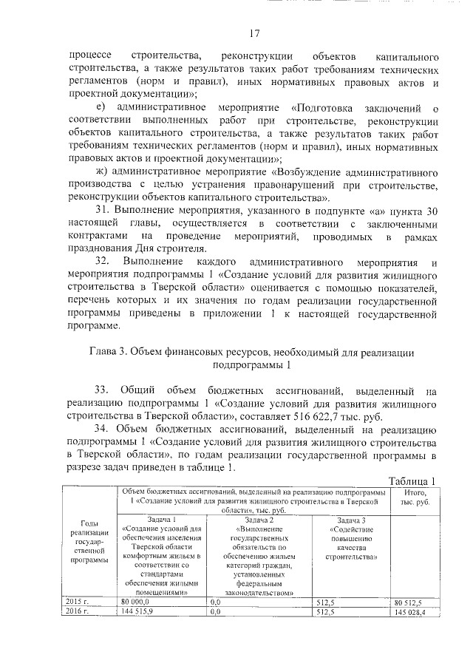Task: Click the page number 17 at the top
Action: [255, 33]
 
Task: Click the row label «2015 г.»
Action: [77, 602]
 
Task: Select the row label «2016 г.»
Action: [77, 612]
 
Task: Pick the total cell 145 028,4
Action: [413, 613]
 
